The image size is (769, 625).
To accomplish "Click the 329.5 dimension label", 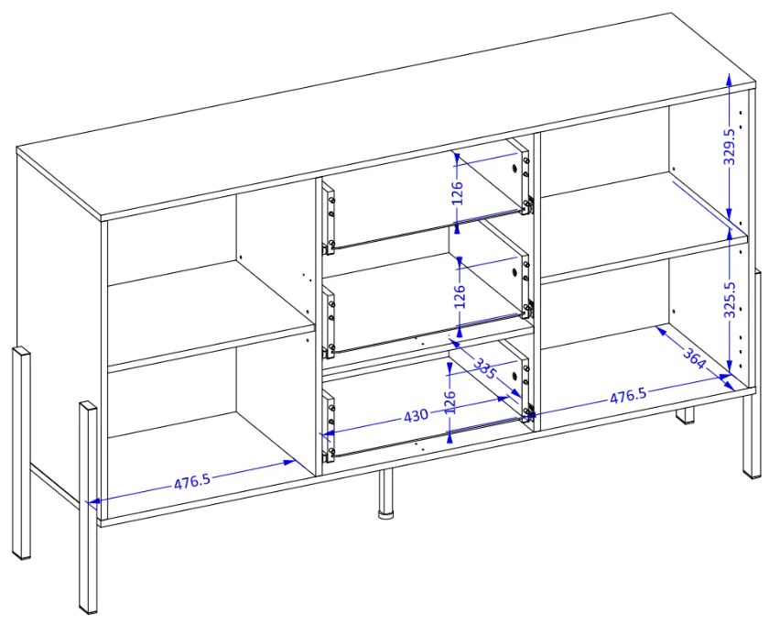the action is (730, 147).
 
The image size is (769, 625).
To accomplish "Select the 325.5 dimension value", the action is (731, 300).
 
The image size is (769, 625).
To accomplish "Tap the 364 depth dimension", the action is (694, 359).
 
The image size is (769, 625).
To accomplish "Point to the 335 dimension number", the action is (484, 367).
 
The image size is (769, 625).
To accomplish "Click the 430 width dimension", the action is (416, 415).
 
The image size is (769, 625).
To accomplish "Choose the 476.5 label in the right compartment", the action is (628, 396).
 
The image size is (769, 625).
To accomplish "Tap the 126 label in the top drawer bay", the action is (457, 193).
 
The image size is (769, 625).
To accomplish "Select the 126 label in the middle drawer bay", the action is (460, 296).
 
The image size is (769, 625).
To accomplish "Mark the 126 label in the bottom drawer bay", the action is (451, 402).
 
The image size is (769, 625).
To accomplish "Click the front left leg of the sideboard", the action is (88, 507).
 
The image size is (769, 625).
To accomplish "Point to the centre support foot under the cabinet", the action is (386, 493).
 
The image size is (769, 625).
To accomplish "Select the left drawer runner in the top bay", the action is (328, 217).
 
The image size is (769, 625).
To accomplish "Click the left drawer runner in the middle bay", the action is (328, 323).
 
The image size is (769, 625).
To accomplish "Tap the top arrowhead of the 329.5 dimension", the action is (730, 79).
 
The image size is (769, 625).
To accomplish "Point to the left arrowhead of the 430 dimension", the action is (326, 433).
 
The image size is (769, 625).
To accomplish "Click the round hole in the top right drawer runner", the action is (514, 169).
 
